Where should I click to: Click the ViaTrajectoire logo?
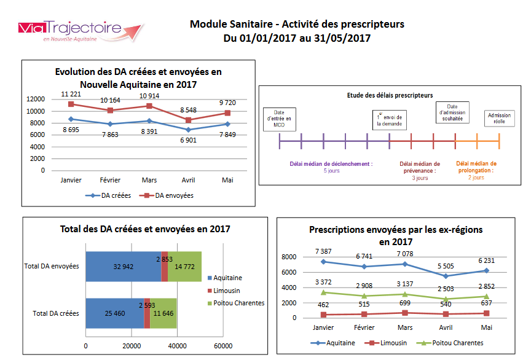pyautogui.click(x=80, y=31)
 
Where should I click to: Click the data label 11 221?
pyautogui.click(x=71, y=94)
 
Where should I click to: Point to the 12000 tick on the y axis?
pyautogui.click(x=34, y=99)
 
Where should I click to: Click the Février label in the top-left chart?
pyautogui.click(x=110, y=181)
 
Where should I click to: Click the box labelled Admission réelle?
pyautogui.click(x=498, y=119)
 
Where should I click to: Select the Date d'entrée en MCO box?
pyautogui.click(x=278, y=119)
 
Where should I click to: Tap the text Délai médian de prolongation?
pyautogui.click(x=476, y=167)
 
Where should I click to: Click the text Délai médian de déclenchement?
pyautogui.click(x=331, y=164)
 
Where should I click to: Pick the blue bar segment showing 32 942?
pyautogui.click(x=123, y=267)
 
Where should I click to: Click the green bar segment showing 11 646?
pyautogui.click(x=163, y=313)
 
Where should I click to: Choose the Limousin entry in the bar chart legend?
pyautogui.click(x=227, y=291)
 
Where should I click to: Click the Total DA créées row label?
pyautogui.click(x=55, y=313)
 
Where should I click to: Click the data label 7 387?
pyautogui.click(x=323, y=251)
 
